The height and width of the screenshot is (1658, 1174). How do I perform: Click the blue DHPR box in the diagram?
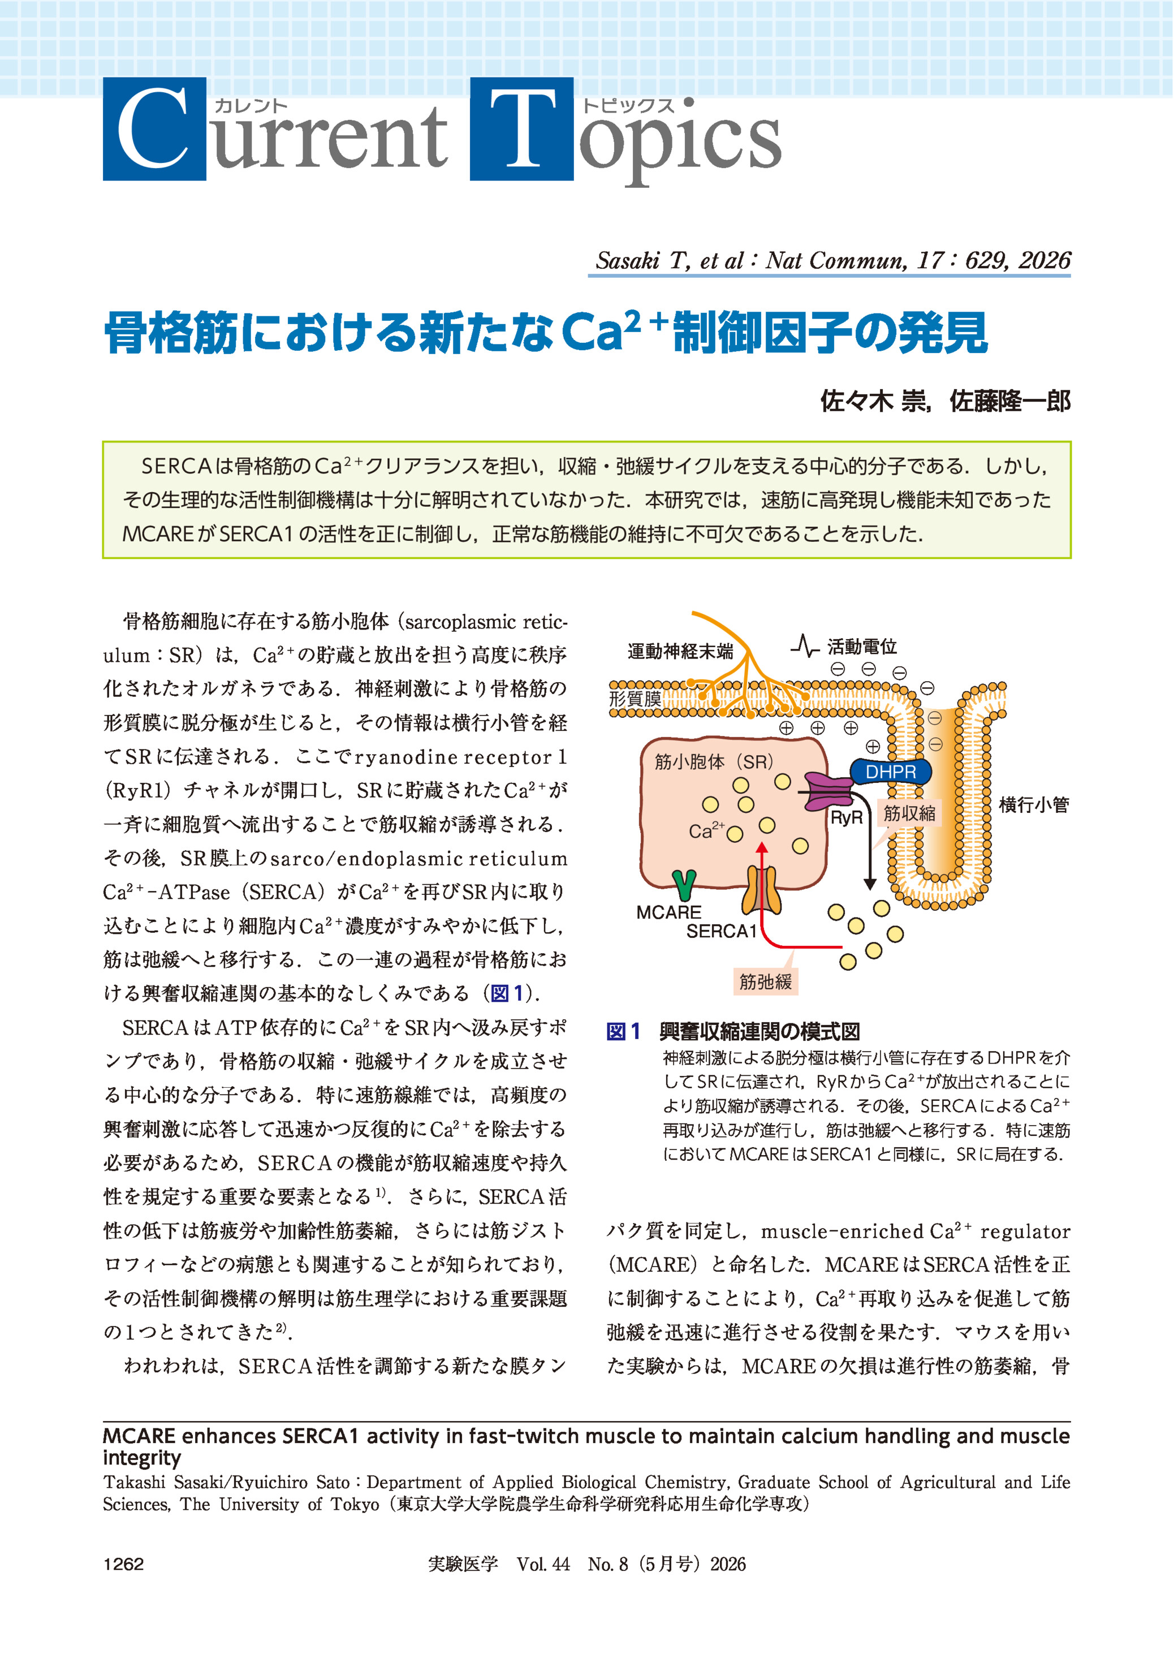[x=890, y=772]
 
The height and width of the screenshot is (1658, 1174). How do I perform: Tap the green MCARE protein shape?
[x=683, y=884]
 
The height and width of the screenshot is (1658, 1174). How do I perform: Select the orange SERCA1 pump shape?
[x=761, y=892]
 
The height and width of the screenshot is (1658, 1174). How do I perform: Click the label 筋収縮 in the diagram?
[x=909, y=813]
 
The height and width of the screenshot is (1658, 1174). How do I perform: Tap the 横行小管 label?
[x=1033, y=805]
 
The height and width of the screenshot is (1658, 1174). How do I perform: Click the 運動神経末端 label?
[x=680, y=652]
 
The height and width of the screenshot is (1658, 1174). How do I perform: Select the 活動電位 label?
[x=862, y=647]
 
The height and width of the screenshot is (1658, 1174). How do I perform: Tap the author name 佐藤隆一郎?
[x=1009, y=400]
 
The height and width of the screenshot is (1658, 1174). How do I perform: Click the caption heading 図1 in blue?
[x=623, y=1031]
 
